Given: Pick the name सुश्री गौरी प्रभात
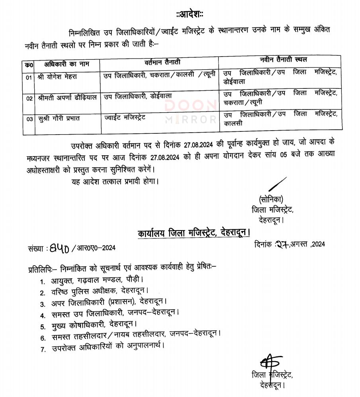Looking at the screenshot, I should coord(55,119).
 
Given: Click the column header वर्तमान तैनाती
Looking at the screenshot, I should coord(162,62).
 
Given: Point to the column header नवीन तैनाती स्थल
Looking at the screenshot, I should coord(284,60).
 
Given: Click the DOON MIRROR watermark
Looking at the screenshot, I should coord(190,111).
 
